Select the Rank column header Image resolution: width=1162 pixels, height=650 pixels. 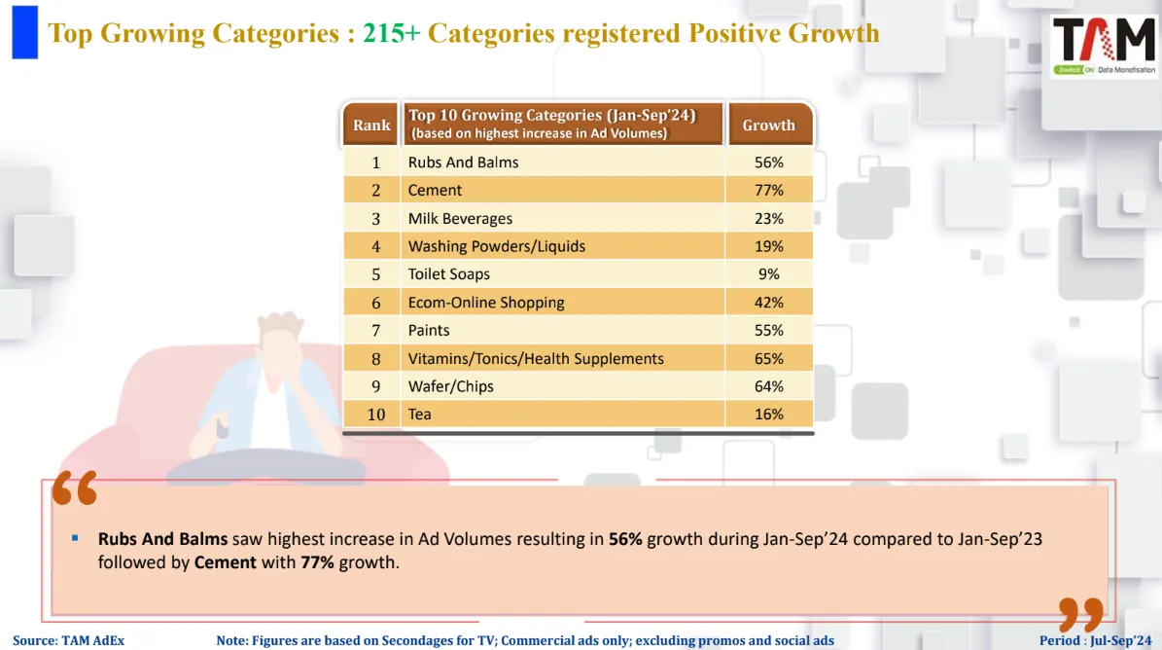(371, 125)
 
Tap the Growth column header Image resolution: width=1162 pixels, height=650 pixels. (768, 125)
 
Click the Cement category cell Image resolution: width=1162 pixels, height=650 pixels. (435, 190)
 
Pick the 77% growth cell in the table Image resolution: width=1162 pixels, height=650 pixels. (768, 190)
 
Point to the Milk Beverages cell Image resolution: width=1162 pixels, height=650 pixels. (460, 218)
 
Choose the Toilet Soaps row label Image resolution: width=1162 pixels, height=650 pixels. (448, 274)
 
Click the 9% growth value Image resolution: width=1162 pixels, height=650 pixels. (768, 274)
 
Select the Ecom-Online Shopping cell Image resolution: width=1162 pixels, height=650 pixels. (486, 302)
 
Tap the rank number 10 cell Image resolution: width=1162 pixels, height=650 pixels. (375, 415)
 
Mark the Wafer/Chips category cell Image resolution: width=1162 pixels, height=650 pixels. (450, 386)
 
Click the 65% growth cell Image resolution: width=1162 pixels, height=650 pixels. (768, 358)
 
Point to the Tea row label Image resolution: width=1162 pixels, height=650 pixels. (419, 415)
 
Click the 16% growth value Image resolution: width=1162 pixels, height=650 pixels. (768, 415)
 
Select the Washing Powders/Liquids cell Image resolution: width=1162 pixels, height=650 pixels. (496, 246)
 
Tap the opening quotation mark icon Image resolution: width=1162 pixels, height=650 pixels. (75, 488)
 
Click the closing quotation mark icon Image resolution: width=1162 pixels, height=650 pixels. (1080, 615)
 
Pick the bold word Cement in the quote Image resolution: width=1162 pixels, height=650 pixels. (226, 562)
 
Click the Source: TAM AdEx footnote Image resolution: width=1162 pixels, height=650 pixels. (68, 640)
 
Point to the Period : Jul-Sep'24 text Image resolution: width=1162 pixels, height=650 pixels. (1094, 640)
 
